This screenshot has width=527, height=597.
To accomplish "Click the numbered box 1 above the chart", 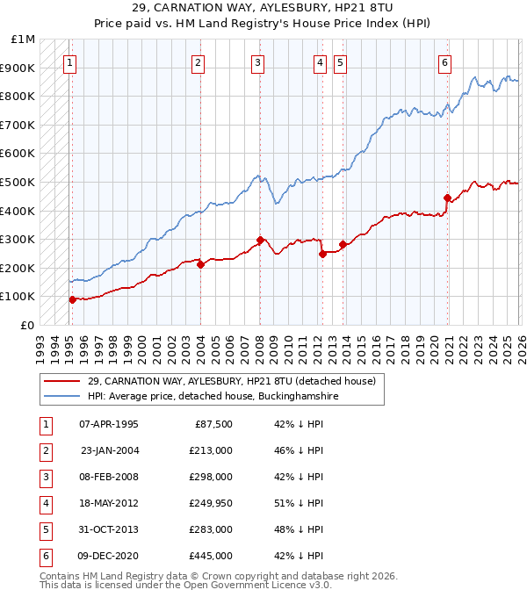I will pyautogui.click(x=69, y=62).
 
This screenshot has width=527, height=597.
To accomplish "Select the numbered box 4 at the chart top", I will pyautogui.click(x=320, y=62).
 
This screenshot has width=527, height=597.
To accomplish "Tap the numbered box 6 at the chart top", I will pyautogui.click(x=445, y=62).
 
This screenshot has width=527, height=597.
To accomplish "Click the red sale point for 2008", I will pyautogui.click(x=260, y=240).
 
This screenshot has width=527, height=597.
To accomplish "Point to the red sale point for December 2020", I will pyautogui.click(x=447, y=198).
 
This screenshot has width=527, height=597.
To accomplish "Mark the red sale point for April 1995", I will pyautogui.click(x=72, y=299).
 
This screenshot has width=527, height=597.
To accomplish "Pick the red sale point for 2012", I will pyautogui.click(x=322, y=254).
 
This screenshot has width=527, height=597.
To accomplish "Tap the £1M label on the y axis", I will pyautogui.click(x=24, y=40).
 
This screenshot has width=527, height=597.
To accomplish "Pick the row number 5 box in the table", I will pyautogui.click(x=43, y=530).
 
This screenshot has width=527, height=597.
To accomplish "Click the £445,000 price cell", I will pyautogui.click(x=211, y=556).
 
